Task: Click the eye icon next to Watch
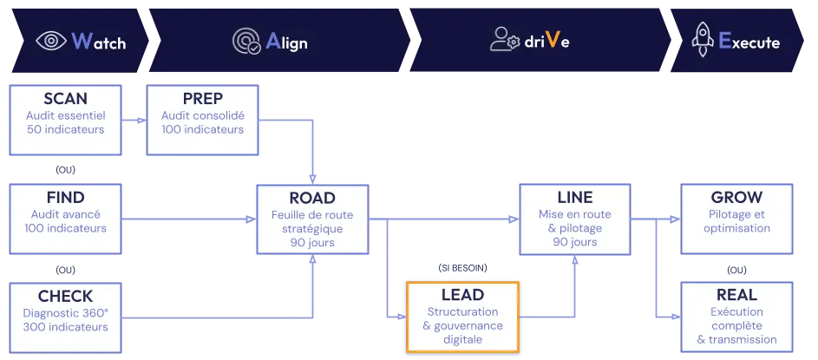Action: coord(50,41)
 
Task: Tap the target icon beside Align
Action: coord(246,41)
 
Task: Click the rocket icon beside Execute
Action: coord(702,40)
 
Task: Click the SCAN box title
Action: coord(65,98)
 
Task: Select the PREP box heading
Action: coord(202,98)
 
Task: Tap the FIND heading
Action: coord(66,197)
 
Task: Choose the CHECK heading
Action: coord(65,296)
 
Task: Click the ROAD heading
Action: coord(311,198)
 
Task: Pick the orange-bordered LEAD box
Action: coord(461,317)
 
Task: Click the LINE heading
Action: coord(575,198)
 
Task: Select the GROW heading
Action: coord(736,197)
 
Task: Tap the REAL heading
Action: coord(736,295)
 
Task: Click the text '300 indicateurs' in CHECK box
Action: coord(66,327)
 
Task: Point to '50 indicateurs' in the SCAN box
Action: coord(65,130)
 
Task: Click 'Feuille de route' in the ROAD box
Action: coord(311,214)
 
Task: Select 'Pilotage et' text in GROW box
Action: coord(736,214)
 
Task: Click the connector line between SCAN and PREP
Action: coord(134,115)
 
